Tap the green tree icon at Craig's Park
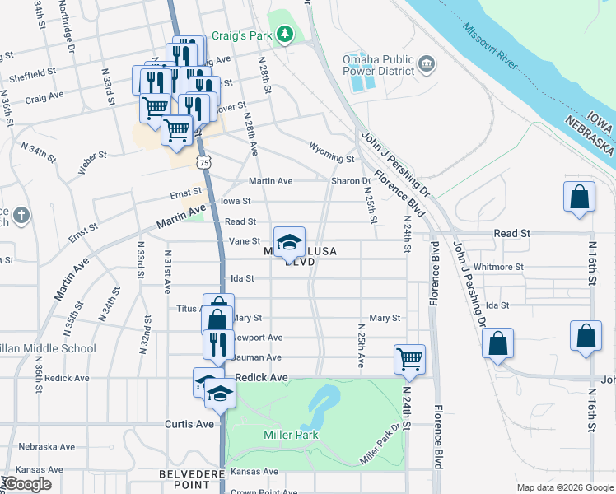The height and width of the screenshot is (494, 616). (285, 34)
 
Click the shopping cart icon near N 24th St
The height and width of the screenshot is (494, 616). (409, 358)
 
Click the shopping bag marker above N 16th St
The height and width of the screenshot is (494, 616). (580, 197)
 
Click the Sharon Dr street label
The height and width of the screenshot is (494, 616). (351, 181)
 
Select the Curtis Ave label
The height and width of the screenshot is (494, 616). (189, 424)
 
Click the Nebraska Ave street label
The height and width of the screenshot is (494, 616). (47, 447)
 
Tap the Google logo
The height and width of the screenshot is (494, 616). (27, 484)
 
